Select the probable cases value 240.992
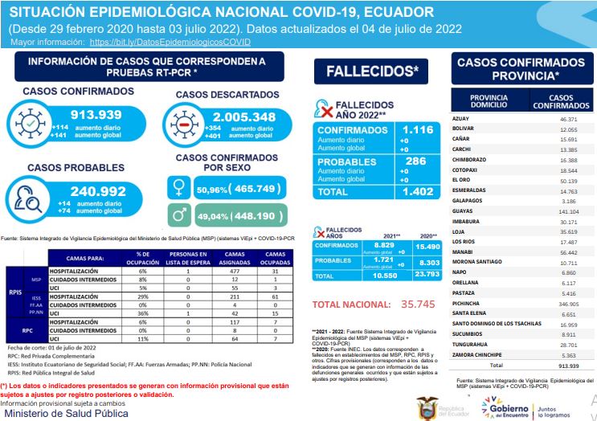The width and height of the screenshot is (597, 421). (99, 192)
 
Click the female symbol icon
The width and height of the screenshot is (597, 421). (178, 187)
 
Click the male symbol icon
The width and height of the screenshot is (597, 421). (178, 215)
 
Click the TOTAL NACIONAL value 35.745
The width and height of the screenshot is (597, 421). (419, 305)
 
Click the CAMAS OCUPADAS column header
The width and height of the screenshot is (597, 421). (274, 257)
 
